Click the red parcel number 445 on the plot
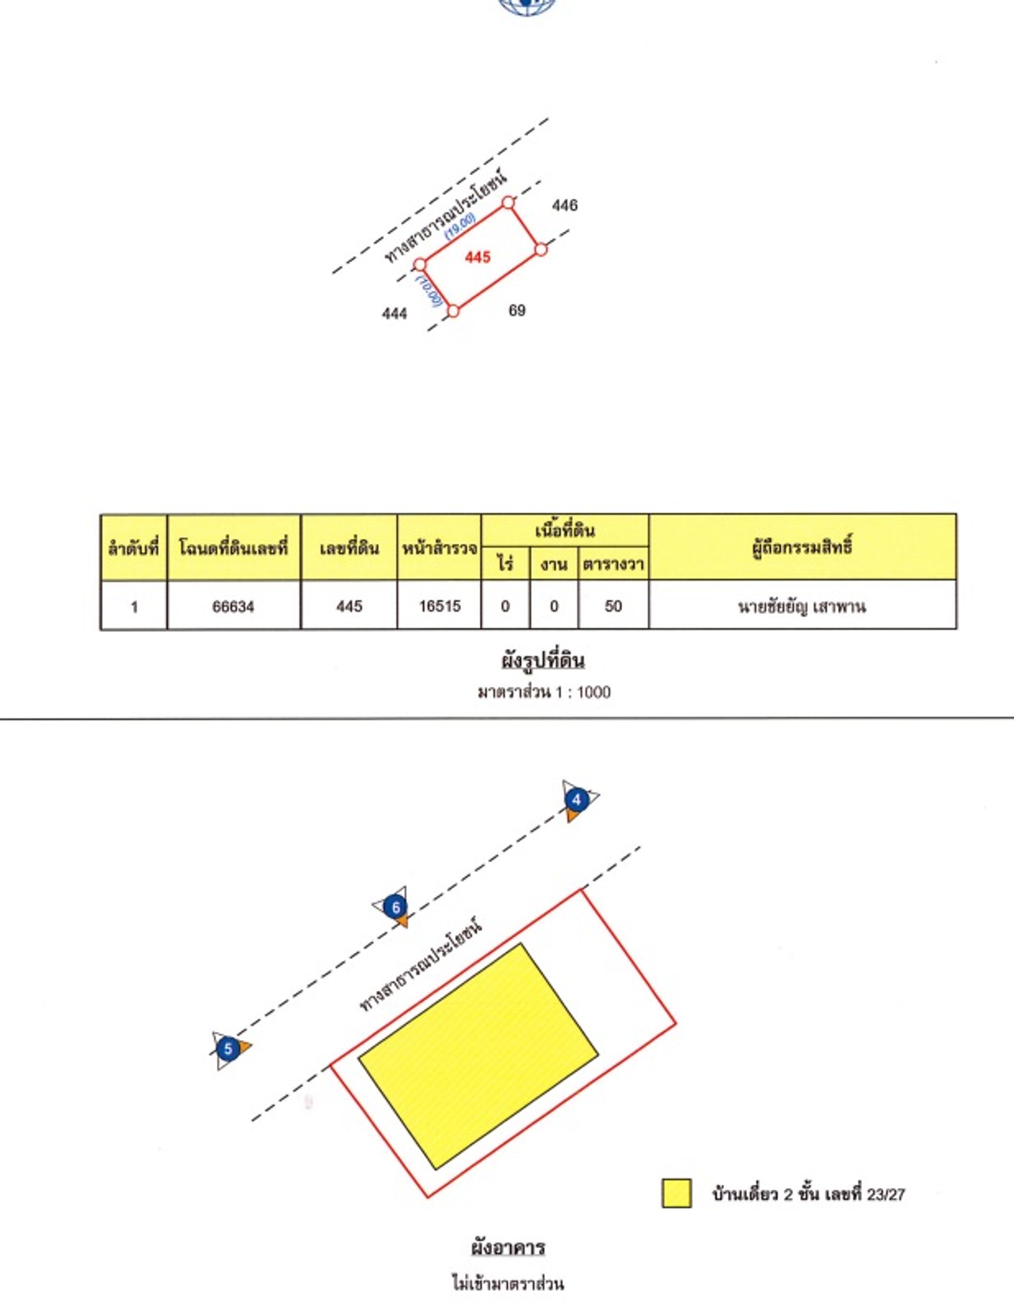[x=478, y=257]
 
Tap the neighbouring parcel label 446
[x=565, y=205]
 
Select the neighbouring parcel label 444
[x=395, y=314]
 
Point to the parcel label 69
[x=517, y=311]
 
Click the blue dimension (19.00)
[x=460, y=227]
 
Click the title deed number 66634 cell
[x=233, y=607]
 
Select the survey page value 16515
[x=440, y=606]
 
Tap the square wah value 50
[x=613, y=606]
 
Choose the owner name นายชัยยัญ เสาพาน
[x=802, y=607]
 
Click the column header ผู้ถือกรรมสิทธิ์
[x=802, y=547]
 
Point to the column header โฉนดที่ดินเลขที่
[x=233, y=547]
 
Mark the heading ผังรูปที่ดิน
[x=543, y=660]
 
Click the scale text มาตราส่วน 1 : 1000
[x=543, y=692]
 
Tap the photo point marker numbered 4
[x=577, y=799]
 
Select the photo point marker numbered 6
[x=395, y=907]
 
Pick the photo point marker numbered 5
[x=228, y=1050]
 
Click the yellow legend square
[x=677, y=1193]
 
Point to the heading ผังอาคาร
[x=508, y=1248]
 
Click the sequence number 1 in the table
[x=134, y=607]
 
